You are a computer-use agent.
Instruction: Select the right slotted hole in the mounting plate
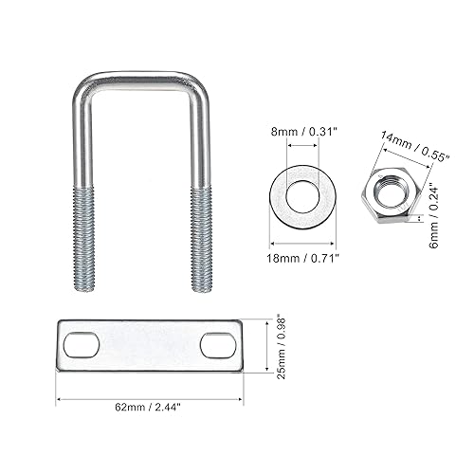tap(217, 345)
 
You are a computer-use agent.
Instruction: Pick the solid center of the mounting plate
tap(148, 344)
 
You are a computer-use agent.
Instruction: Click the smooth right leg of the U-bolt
tap(200, 142)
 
